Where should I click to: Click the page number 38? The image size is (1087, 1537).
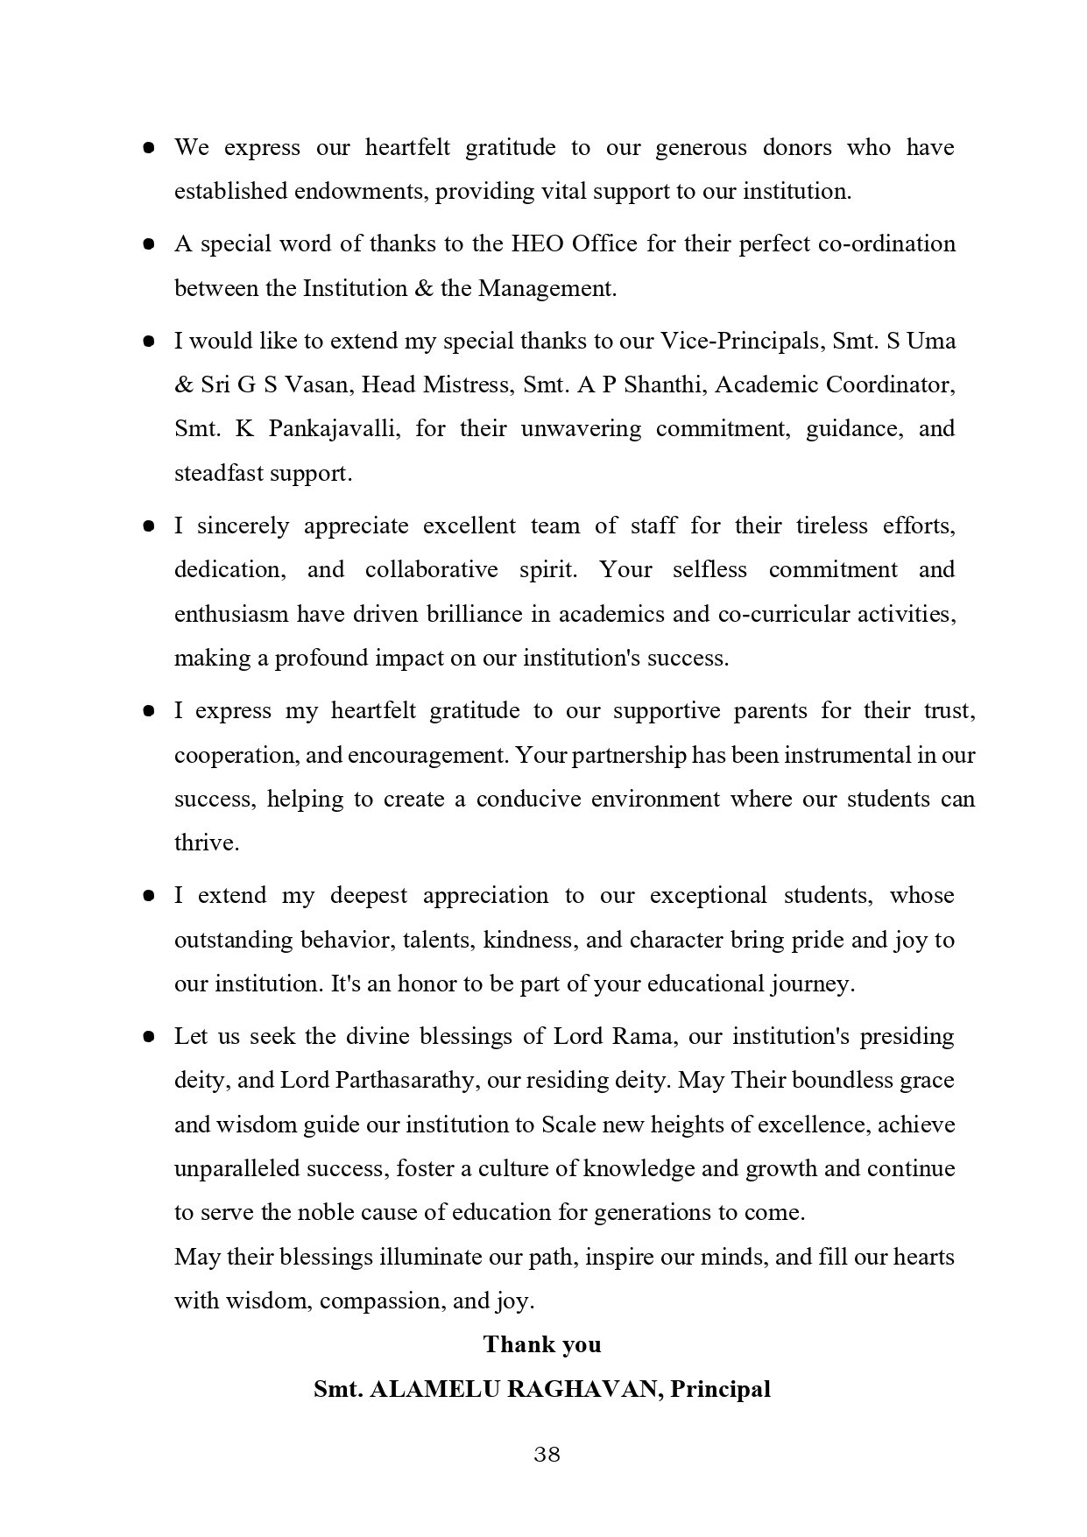click(547, 1455)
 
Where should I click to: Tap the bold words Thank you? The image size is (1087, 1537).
click(542, 1344)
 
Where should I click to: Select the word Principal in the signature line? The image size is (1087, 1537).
click(720, 1389)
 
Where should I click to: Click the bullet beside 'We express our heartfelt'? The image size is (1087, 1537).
click(149, 148)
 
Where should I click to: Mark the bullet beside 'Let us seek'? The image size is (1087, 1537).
click(149, 1037)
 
